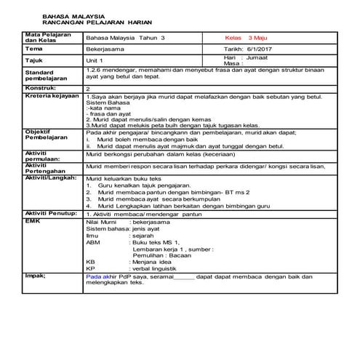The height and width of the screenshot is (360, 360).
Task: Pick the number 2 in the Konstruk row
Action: coord(88,88)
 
